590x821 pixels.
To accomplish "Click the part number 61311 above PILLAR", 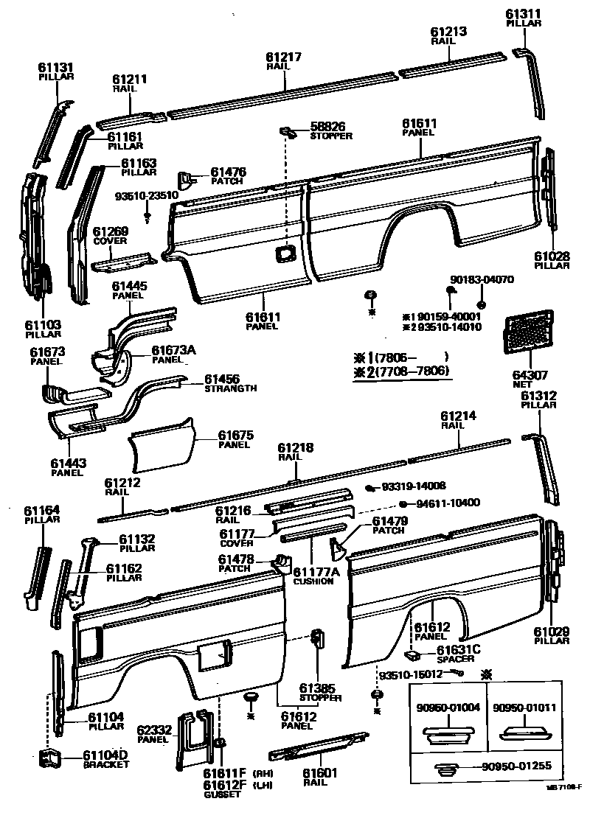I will coord(524,14).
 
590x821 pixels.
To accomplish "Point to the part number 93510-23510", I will coord(147,195).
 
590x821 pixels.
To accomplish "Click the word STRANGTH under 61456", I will coord(231,388).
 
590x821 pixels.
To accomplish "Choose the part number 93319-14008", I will coord(414,486).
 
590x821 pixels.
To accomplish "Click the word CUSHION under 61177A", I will coord(313,581).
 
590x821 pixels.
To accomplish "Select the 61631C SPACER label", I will coord(458,653).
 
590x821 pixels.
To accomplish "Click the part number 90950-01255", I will coord(510,766).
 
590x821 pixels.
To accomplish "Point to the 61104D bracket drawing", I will coord(50,758).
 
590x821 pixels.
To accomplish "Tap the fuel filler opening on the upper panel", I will coord(284,254).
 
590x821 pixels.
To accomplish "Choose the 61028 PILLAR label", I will coord(552,260).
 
